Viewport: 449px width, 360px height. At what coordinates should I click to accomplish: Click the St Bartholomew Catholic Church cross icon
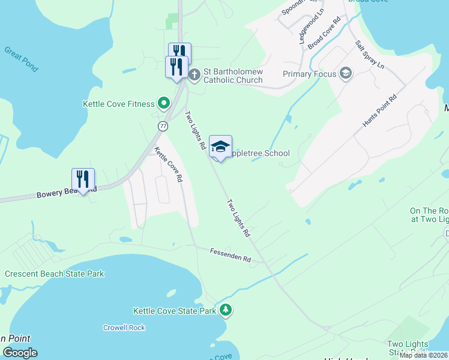(x=194, y=75)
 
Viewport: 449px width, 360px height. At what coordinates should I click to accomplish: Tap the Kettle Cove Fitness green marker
(x=162, y=103)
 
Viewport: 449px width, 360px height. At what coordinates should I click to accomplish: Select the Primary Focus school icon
(x=345, y=74)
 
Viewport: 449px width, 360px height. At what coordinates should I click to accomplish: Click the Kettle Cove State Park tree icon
(x=225, y=310)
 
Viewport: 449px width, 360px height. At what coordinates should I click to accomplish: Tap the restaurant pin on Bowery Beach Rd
(x=83, y=179)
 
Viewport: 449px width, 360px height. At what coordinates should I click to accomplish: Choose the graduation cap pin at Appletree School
(x=221, y=147)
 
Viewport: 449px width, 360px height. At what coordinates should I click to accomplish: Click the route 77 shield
(x=163, y=126)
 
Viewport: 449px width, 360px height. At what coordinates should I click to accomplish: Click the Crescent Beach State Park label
(x=55, y=274)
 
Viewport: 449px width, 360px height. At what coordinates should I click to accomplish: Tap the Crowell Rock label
(x=124, y=328)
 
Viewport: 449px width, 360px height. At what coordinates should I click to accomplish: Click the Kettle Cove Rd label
(x=167, y=164)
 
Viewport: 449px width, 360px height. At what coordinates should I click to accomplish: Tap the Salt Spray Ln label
(x=369, y=53)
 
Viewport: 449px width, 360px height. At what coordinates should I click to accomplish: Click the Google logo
(x=20, y=353)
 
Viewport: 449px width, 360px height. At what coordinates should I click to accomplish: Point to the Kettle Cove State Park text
(x=174, y=311)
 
